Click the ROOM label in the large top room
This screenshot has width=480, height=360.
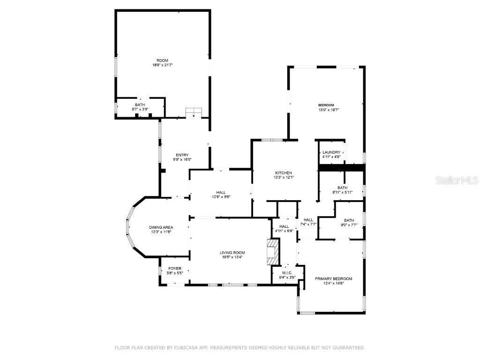[162, 60]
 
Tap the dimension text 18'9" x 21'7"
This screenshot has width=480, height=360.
[162, 65]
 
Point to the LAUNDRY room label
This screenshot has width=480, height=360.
[331, 152]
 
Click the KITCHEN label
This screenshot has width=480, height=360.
[283, 173]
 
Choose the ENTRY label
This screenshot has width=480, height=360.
[182, 155]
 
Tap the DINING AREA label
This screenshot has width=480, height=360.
[161, 227]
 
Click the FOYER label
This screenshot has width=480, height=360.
[174, 269]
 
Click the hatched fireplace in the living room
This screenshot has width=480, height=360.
[272, 252]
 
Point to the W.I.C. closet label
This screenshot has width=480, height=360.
[287, 273]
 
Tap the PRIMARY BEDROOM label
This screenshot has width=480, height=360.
[333, 278]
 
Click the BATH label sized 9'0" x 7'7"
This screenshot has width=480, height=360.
[349, 220]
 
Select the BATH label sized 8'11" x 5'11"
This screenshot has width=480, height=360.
[342, 187]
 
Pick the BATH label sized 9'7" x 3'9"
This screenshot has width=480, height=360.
[140, 105]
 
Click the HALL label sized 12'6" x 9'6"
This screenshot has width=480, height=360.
[221, 192]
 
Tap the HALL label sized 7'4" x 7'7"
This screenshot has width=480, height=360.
[308, 220]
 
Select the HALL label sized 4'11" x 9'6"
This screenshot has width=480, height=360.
[284, 226]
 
